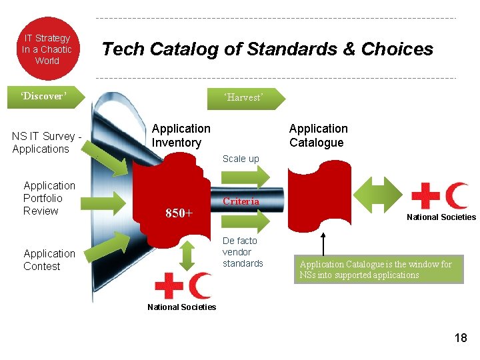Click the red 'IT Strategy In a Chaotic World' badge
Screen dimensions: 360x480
tap(47, 49)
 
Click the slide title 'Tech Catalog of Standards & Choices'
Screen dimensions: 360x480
tap(267, 49)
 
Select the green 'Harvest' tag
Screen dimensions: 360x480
tap(245, 98)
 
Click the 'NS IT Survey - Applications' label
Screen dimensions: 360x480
tap(46, 143)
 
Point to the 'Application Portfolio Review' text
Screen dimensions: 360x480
tap(49, 198)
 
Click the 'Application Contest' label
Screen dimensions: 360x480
tap(49, 260)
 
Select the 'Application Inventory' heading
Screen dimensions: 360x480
tap(181, 135)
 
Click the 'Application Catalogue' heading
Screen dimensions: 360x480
tap(318, 135)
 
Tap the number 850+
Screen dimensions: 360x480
tap(179, 213)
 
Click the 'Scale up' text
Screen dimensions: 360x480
tap(241, 159)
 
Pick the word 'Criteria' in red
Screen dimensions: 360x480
tap(241, 201)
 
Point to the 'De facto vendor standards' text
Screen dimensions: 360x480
tap(243, 252)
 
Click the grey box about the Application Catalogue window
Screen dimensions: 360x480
tap(378, 269)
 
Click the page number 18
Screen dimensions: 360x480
tap(460, 338)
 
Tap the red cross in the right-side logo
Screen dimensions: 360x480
tap(425, 196)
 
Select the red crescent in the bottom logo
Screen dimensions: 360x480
tap(200, 285)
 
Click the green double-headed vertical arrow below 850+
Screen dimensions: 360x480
tap(187, 254)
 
